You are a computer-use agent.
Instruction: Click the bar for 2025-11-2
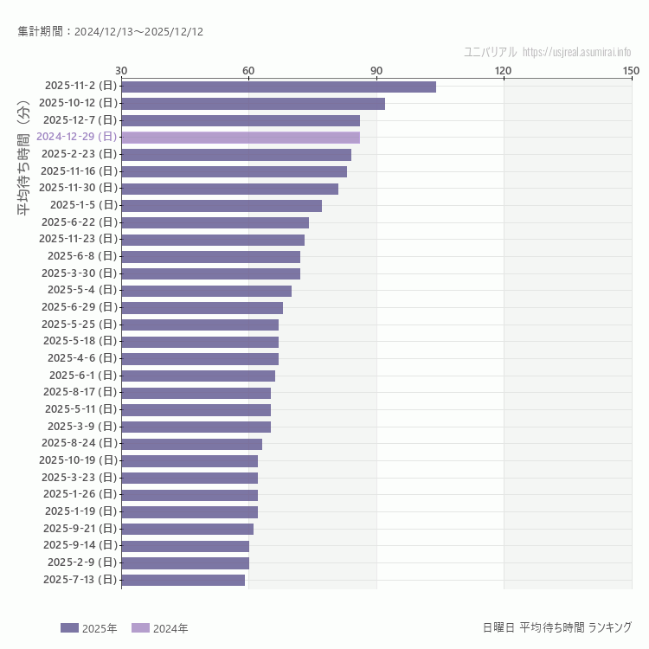(279, 87)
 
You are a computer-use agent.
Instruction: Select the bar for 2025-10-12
(253, 104)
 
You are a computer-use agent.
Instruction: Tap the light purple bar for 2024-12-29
(241, 138)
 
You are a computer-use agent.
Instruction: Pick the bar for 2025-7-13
(183, 580)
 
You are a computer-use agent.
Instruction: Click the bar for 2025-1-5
(222, 205)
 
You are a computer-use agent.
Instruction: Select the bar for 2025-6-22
(215, 222)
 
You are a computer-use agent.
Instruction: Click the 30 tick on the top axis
(121, 70)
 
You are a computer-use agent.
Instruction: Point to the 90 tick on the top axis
(376, 70)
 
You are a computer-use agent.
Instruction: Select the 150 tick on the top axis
(631, 70)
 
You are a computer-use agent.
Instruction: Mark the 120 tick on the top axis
(504, 70)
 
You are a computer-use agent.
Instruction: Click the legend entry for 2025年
(89, 628)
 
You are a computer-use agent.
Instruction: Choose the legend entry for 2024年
(160, 628)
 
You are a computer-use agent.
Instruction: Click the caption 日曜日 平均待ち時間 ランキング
(556, 627)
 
